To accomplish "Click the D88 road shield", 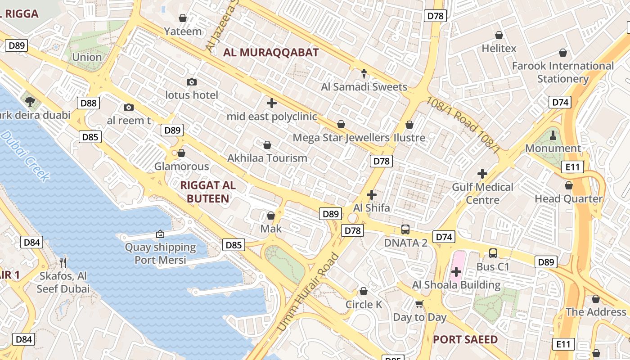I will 89,103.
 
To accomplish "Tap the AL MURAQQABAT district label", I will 271,52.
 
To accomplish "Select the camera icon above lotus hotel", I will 192,82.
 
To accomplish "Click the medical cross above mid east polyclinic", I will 271,103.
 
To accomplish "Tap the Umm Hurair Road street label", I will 308,292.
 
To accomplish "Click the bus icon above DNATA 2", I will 405,229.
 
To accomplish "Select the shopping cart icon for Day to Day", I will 419,304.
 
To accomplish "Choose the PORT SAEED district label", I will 465,339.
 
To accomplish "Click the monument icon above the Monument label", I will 553,135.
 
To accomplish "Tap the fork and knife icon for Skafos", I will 63,262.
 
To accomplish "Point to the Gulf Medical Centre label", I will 482,193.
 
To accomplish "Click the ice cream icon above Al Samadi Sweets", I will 364,73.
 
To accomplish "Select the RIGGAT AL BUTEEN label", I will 208,192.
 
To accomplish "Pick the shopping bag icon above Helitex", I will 499,35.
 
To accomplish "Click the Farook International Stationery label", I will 562,72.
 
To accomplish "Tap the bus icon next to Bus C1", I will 493,253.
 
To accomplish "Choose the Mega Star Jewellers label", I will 341,137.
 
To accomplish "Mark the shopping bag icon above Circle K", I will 364,291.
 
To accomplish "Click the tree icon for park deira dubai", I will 30,101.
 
